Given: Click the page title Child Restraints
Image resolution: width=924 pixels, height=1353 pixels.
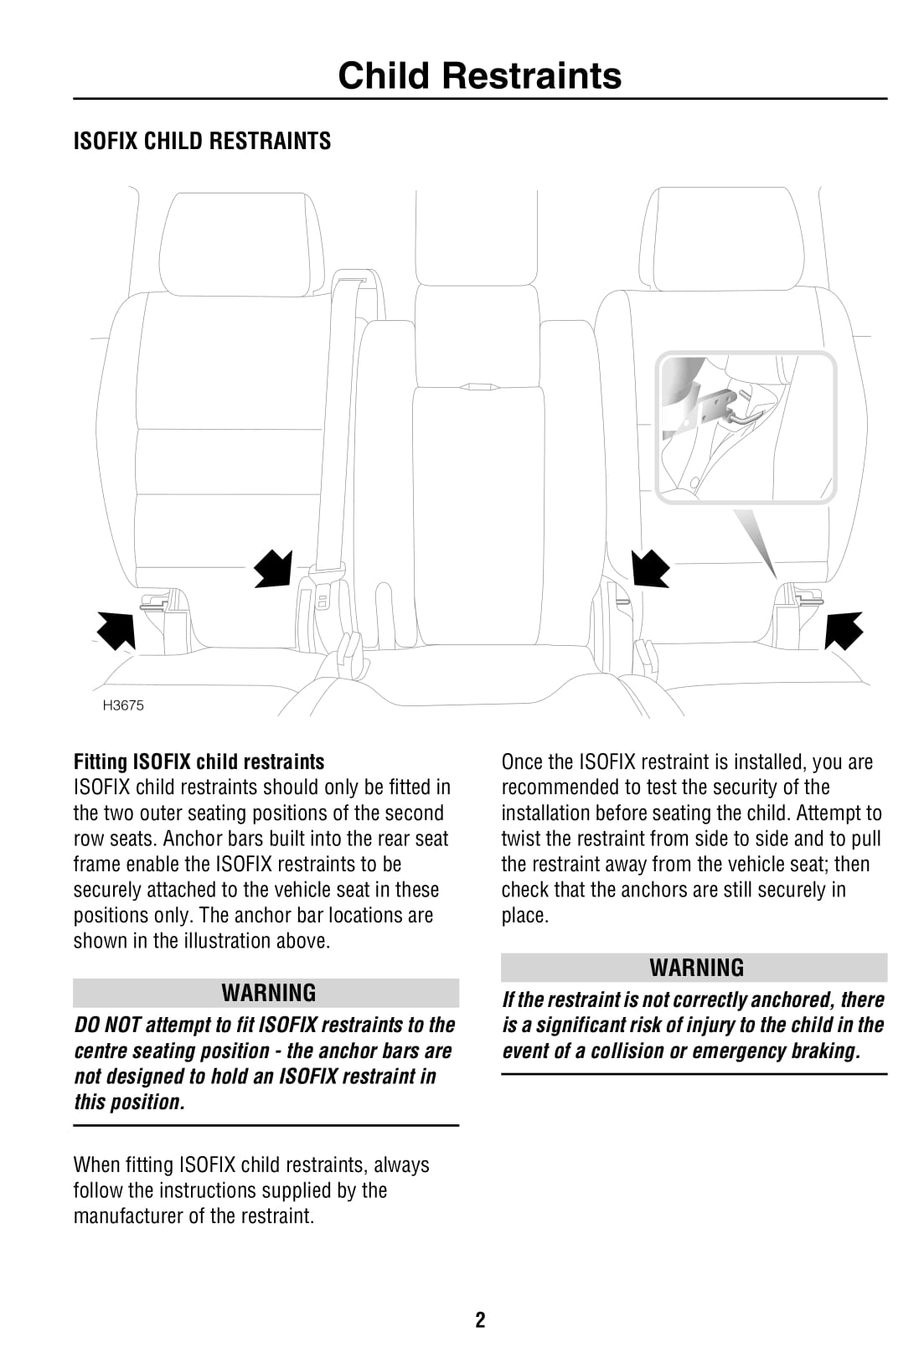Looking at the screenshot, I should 479,75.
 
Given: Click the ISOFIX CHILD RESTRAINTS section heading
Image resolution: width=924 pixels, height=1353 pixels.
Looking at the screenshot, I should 202,141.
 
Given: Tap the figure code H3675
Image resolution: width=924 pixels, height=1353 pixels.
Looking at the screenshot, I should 123,705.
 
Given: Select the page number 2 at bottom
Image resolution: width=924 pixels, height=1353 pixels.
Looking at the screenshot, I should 480,1320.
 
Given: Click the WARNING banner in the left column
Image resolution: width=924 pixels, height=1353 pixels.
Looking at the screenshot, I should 268,993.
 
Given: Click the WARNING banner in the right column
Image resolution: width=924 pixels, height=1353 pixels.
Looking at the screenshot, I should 695,968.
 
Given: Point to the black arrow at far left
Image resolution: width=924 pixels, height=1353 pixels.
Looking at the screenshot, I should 116,630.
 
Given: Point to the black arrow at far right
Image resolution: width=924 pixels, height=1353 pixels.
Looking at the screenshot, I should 843,630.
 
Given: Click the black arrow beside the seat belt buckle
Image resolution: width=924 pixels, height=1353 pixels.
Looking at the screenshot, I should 274,568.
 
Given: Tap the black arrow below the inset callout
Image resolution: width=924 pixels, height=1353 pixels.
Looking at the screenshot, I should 650,568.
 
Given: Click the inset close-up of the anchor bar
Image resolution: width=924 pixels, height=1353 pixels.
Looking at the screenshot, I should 746,427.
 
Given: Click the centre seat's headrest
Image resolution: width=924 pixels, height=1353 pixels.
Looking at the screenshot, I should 476,239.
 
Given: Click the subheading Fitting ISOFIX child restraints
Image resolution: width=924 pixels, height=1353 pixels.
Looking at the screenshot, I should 199,762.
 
